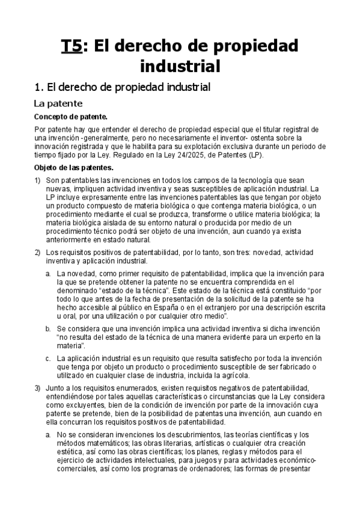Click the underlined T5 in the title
point(72,46)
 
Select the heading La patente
point(58,103)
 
